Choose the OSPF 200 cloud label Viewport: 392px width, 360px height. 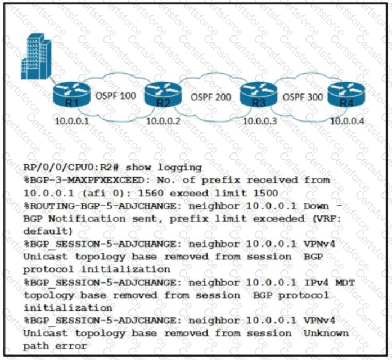point(211,97)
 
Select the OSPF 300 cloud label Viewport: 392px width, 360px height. point(303,97)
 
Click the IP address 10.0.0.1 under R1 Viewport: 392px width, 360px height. point(71,120)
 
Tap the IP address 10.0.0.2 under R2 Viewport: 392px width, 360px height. point(163,120)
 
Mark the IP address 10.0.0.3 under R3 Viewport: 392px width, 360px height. point(260,120)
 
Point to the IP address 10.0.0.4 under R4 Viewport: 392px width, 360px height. point(346,120)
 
